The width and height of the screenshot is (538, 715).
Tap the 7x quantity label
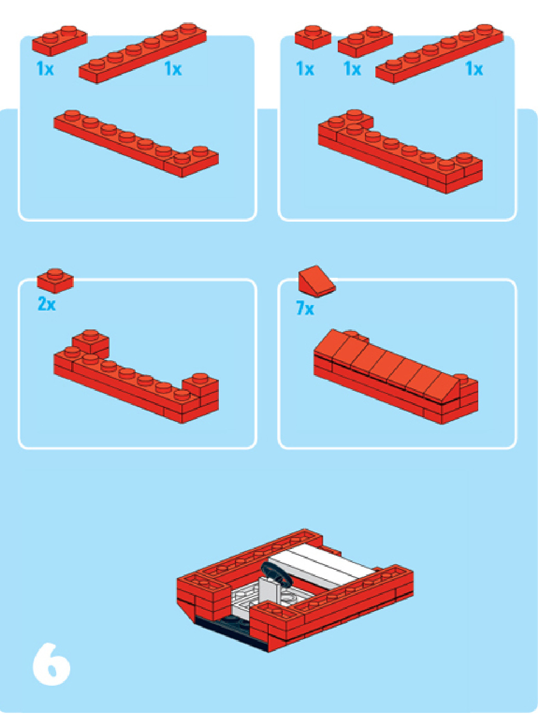[x=305, y=308]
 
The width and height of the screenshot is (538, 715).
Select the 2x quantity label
[x=46, y=304]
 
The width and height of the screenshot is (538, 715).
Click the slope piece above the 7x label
[x=317, y=281]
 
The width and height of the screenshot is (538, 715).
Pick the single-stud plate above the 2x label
[x=55, y=280]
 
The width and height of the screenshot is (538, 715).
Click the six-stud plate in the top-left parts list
[x=142, y=54]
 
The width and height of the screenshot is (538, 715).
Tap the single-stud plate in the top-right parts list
[x=313, y=37]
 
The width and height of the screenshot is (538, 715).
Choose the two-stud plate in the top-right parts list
[x=365, y=41]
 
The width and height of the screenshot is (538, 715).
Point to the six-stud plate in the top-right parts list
[x=439, y=54]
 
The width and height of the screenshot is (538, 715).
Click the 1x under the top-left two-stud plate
[x=45, y=69]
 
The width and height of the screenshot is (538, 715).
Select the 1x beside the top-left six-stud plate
[x=173, y=69]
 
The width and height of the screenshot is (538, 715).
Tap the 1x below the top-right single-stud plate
[x=305, y=69]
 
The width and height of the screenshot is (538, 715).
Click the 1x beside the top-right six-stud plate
[x=474, y=69]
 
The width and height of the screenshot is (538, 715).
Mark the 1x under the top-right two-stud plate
[x=352, y=69]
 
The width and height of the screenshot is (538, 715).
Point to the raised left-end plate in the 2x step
[x=90, y=341]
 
